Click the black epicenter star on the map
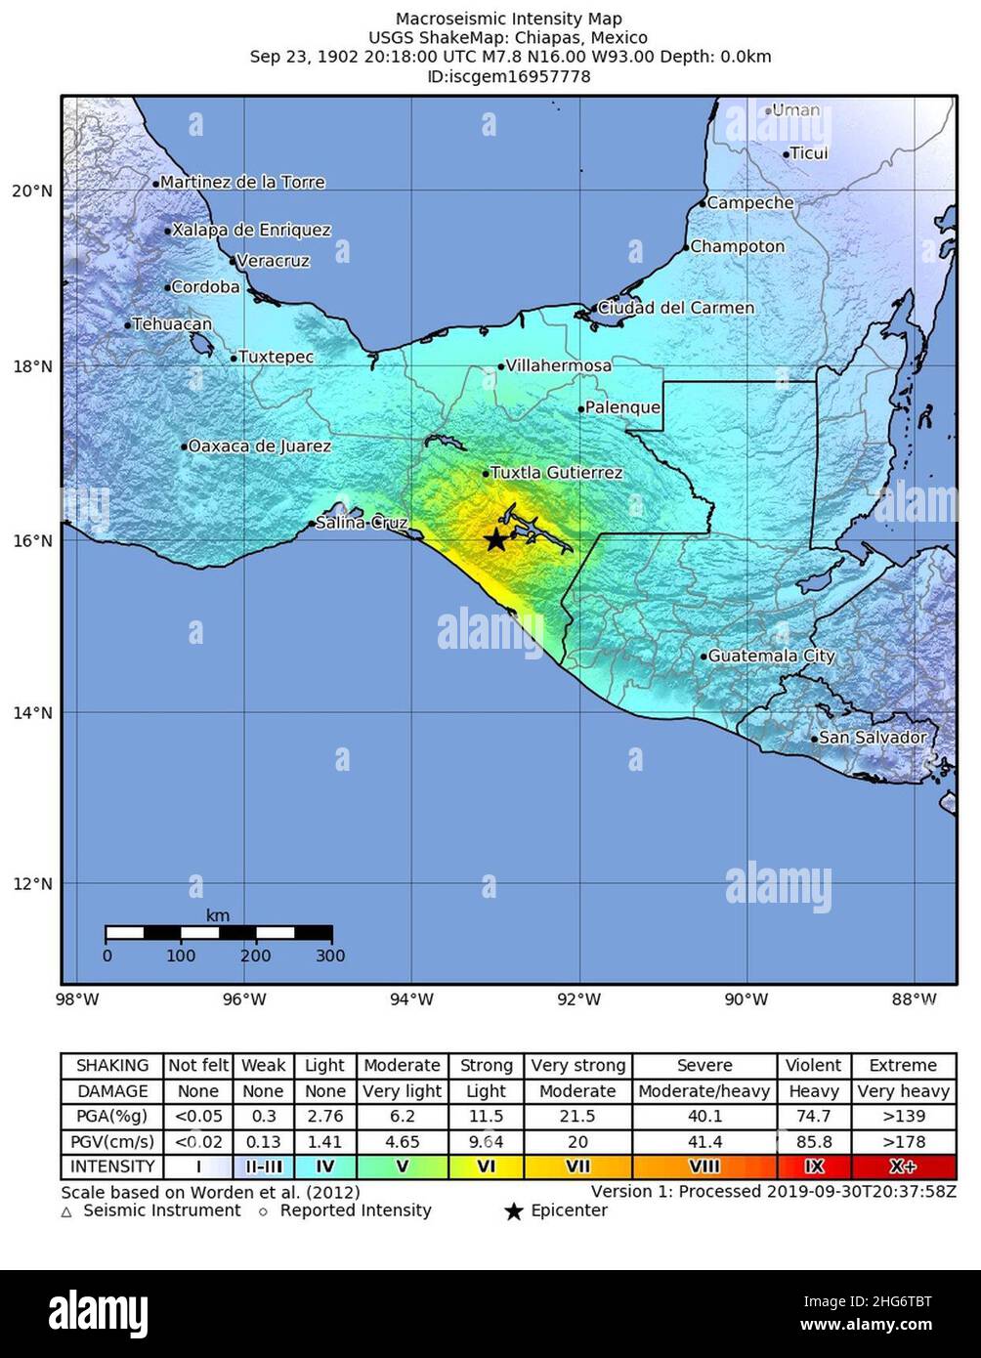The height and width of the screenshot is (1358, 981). point(495,540)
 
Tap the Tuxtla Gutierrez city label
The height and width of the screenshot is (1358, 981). point(555,473)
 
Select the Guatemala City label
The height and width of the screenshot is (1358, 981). point(770,657)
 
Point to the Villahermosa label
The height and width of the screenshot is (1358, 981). point(558,366)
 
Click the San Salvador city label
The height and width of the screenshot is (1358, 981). point(872,738)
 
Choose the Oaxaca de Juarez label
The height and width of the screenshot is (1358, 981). point(259,446)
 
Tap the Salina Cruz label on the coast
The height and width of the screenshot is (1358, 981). point(361,524)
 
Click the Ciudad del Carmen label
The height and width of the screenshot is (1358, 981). point(675,308)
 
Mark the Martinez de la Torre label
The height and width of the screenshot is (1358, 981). point(241,183)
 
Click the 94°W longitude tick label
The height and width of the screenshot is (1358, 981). point(411,998)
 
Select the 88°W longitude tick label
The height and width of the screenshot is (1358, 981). point(915,998)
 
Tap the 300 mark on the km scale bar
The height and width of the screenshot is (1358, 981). point(330,956)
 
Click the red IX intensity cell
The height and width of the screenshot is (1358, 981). point(814,1167)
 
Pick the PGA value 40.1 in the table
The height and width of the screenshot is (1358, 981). point(704,1116)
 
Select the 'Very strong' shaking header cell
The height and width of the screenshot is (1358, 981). point(577,1066)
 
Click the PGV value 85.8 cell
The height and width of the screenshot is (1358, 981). point(814,1141)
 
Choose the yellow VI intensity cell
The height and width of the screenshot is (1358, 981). point(486,1167)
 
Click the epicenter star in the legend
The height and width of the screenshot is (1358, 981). point(514,1212)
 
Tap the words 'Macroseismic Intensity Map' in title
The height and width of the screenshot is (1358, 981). point(508,19)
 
